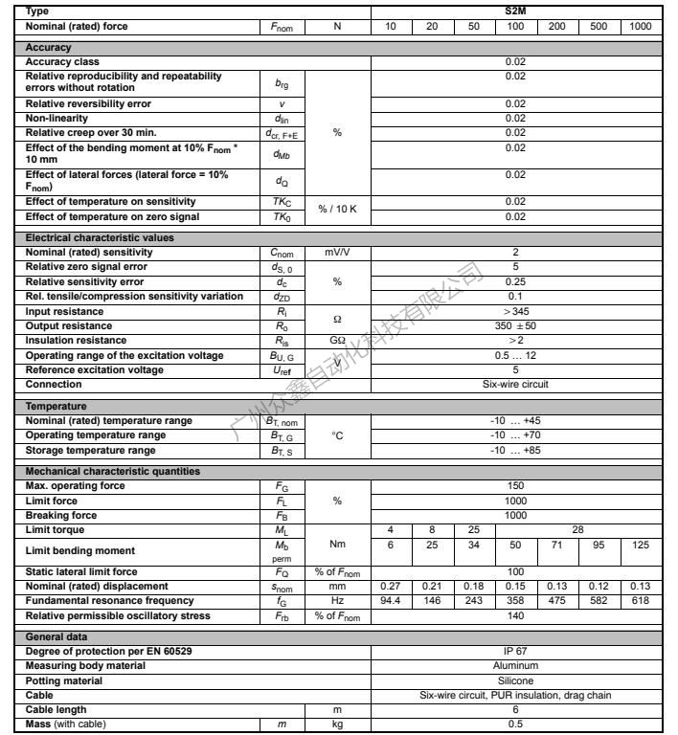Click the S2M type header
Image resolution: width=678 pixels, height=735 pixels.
(x=514, y=11)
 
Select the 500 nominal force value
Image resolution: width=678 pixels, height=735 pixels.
(x=599, y=26)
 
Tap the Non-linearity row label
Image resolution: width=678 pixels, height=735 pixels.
(x=58, y=118)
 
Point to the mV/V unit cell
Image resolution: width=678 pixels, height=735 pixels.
(x=337, y=252)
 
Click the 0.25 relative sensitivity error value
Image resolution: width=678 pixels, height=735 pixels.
(x=514, y=282)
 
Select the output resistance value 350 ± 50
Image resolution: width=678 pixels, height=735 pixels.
(x=514, y=326)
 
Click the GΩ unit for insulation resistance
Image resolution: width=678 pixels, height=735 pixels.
(x=337, y=341)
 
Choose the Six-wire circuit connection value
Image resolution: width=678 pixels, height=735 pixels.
(x=514, y=384)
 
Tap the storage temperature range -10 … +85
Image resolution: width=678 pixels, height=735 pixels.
(x=514, y=450)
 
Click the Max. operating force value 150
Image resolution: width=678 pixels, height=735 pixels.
(x=514, y=486)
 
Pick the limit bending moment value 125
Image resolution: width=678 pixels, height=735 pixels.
(x=641, y=545)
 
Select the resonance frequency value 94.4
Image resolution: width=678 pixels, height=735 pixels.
(x=391, y=600)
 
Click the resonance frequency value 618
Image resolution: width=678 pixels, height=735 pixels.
(x=641, y=600)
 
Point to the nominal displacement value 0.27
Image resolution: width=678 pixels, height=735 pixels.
(x=391, y=586)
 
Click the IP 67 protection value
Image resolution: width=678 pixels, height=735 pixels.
(x=514, y=651)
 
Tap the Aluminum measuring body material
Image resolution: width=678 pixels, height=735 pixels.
(x=514, y=665)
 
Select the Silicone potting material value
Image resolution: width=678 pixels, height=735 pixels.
(x=514, y=680)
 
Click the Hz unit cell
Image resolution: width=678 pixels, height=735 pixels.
(x=337, y=600)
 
